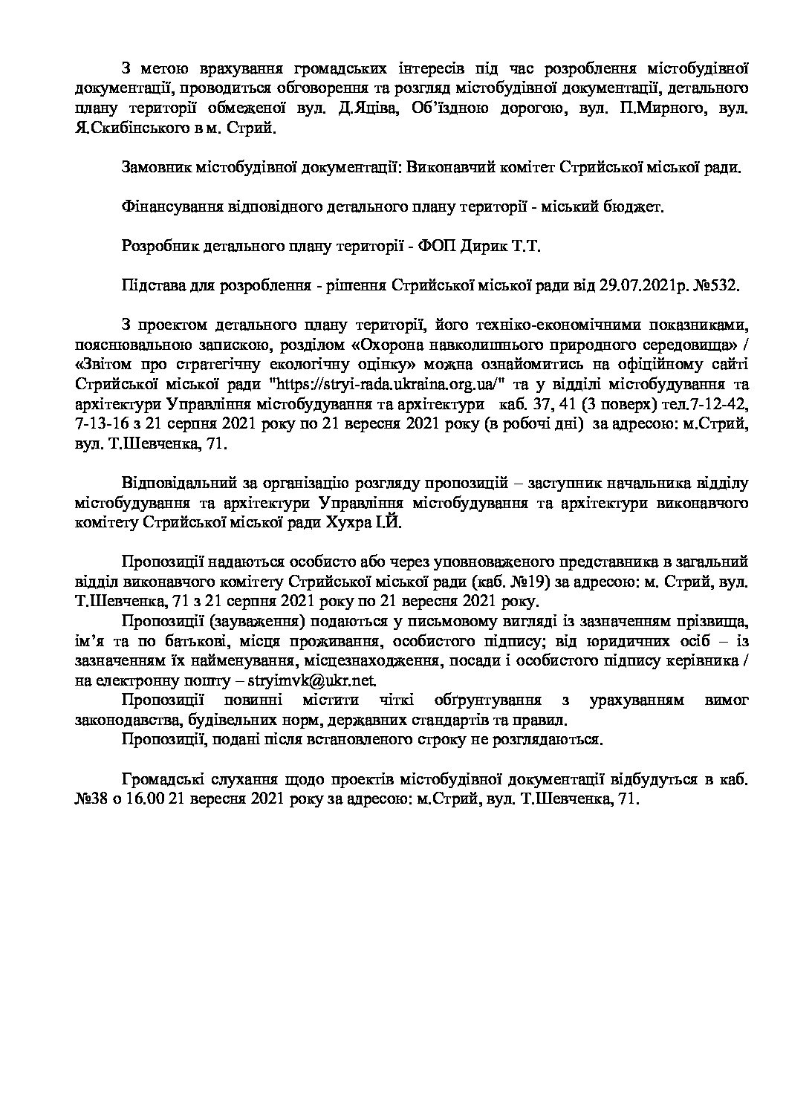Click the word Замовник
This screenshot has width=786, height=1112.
tap(155, 169)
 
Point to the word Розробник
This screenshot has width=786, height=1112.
tap(158, 247)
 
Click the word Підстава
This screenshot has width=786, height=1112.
tap(152, 285)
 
